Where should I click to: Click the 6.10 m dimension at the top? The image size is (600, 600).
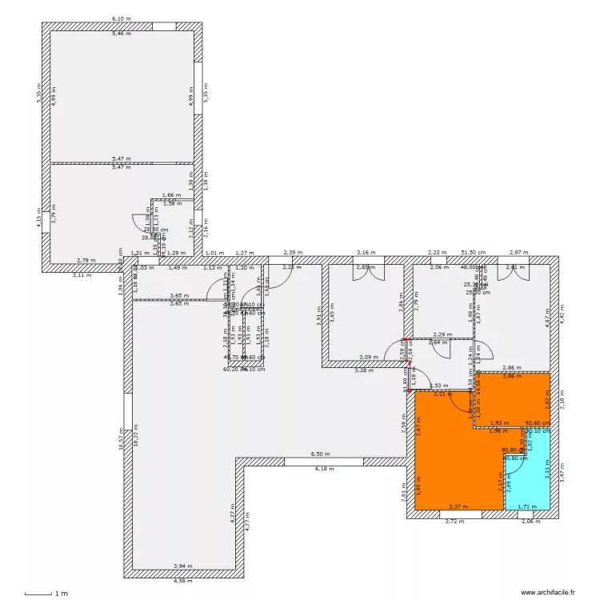(122, 18)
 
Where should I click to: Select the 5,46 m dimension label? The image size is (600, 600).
(122, 34)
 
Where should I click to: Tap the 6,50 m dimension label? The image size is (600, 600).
(320, 454)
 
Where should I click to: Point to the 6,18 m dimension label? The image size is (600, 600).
(323, 469)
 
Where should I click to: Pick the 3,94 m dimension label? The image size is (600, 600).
(183, 566)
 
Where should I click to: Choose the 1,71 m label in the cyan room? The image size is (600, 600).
(526, 507)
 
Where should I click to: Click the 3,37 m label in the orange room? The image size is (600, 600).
(458, 506)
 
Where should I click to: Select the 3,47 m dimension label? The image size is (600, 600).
(562, 474)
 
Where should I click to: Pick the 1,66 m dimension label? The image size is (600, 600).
(170, 195)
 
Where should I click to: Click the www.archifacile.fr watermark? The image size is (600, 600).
(550, 593)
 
